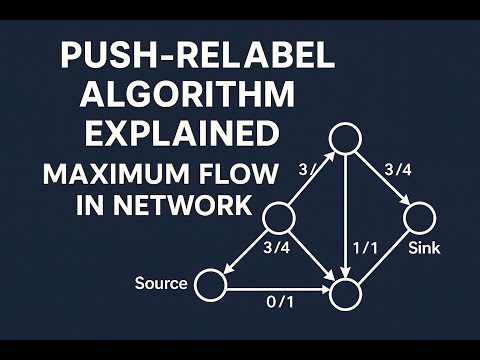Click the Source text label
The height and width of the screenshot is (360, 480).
tap(161, 283)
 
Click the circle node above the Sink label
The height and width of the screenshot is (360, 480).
tap(418, 215)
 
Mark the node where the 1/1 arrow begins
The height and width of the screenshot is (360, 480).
tap(346, 138)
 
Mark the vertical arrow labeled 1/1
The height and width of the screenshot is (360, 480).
tap(346, 215)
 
